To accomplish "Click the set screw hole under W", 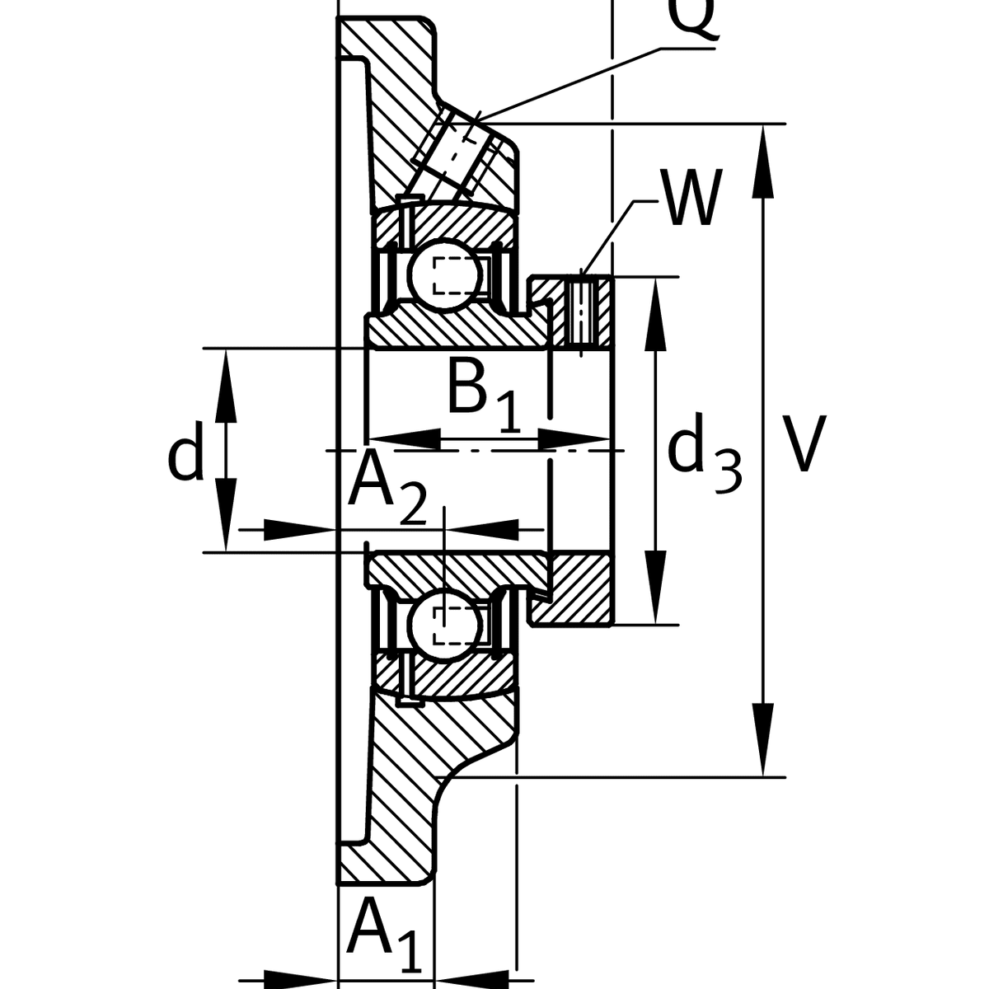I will (581, 313).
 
